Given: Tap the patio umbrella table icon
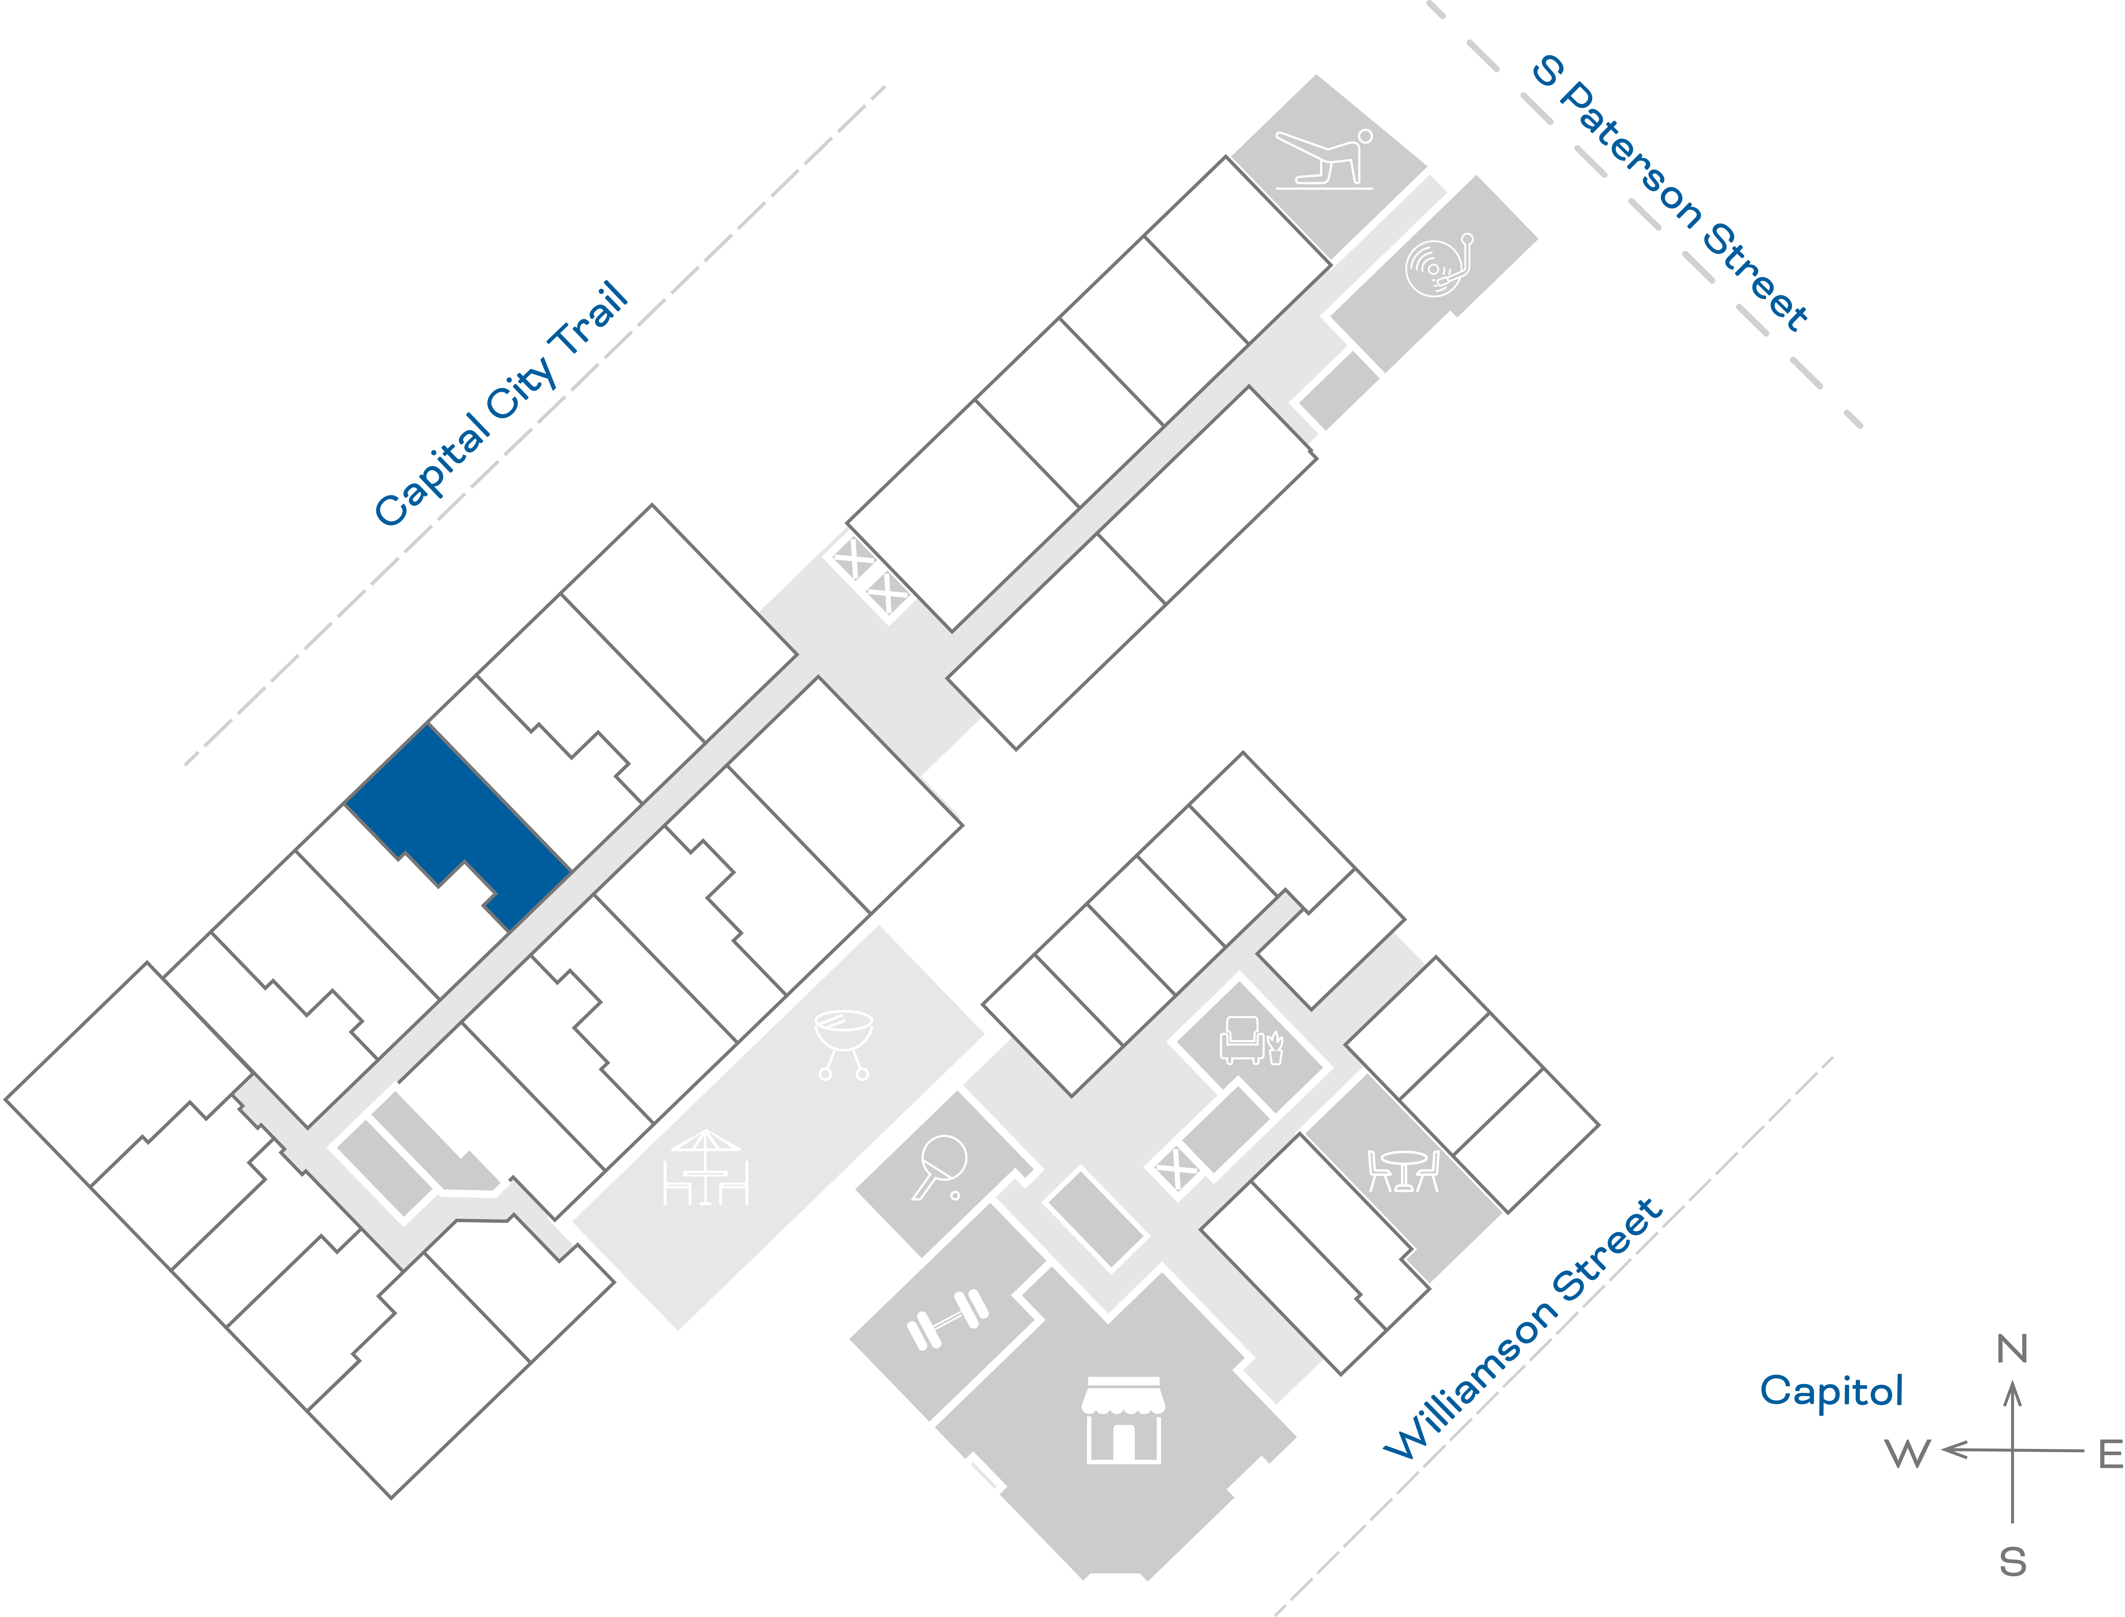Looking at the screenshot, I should pyautogui.click(x=705, y=1168).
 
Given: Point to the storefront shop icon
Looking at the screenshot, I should pyautogui.click(x=1123, y=1420).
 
